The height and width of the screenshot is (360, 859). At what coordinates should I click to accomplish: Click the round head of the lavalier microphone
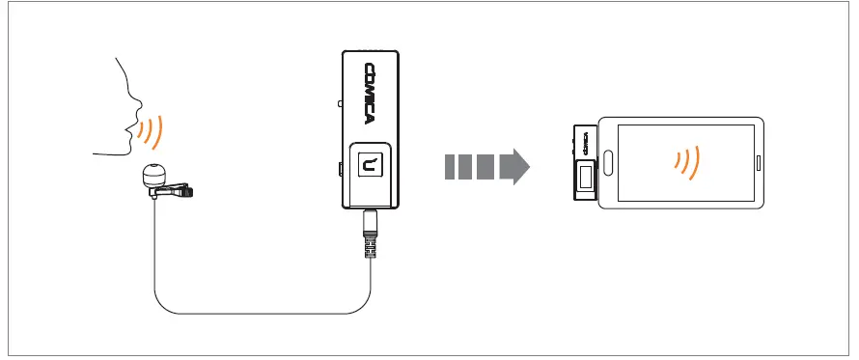[153, 175]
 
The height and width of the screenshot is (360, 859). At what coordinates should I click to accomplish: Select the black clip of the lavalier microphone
[178, 194]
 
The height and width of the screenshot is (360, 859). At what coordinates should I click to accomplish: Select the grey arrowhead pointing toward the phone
[517, 165]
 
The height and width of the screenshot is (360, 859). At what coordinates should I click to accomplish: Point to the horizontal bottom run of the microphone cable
[261, 314]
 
